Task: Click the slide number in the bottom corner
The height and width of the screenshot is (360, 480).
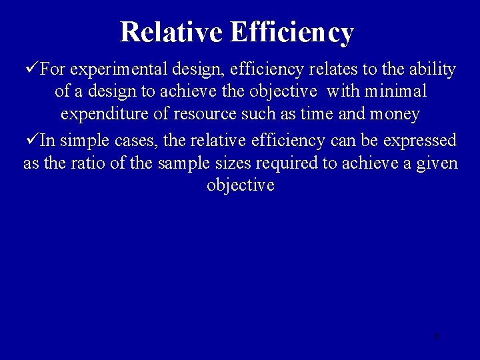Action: point(436,336)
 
